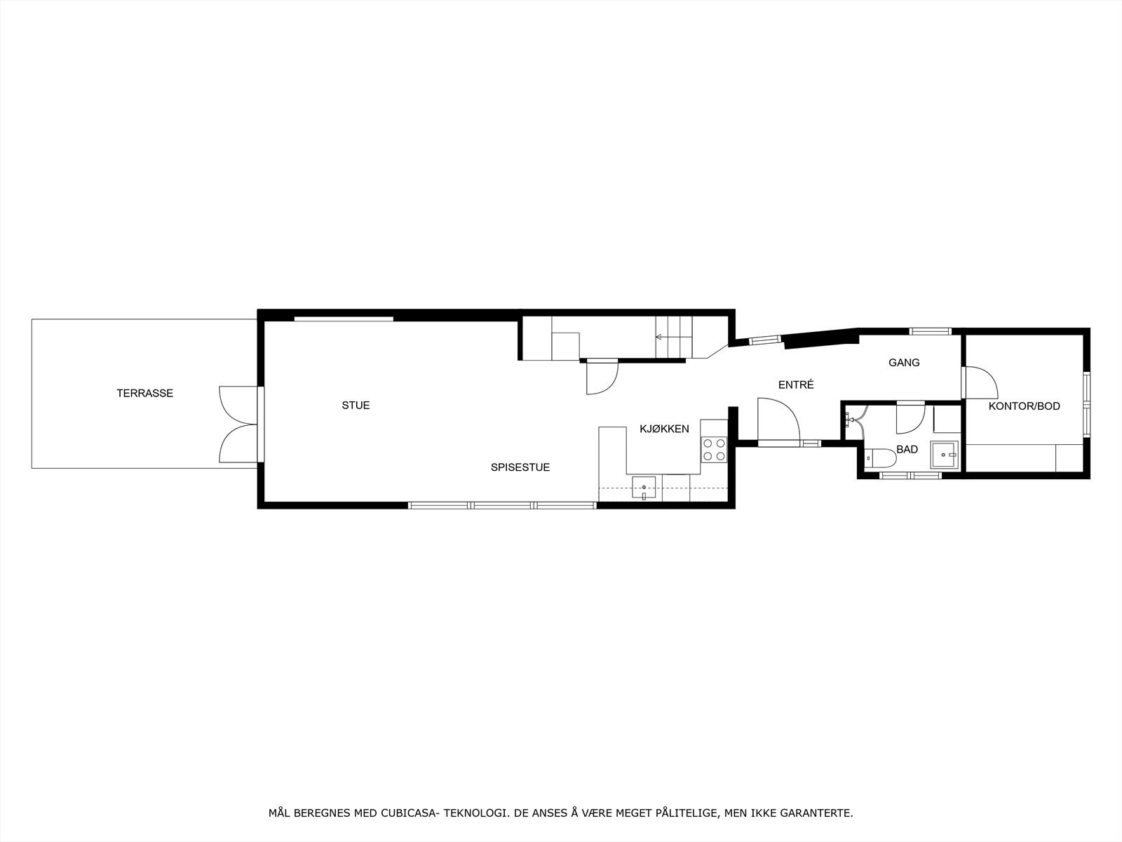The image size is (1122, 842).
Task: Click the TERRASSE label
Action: coord(144,394)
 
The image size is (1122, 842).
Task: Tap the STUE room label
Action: coord(356,406)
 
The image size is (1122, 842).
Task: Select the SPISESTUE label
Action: coord(520,467)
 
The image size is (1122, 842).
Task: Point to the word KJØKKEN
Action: coord(663,429)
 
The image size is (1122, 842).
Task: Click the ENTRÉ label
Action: coord(796,385)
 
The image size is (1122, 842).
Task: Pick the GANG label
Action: coord(904,363)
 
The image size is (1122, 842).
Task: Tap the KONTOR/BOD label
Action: coord(1024,406)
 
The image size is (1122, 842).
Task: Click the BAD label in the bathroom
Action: coord(907,450)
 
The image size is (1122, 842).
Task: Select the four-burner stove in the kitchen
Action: coord(714,450)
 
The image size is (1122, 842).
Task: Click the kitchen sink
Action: coord(644,488)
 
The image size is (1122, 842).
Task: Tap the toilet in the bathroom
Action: coord(881,459)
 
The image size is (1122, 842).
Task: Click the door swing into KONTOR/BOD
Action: coord(980,382)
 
